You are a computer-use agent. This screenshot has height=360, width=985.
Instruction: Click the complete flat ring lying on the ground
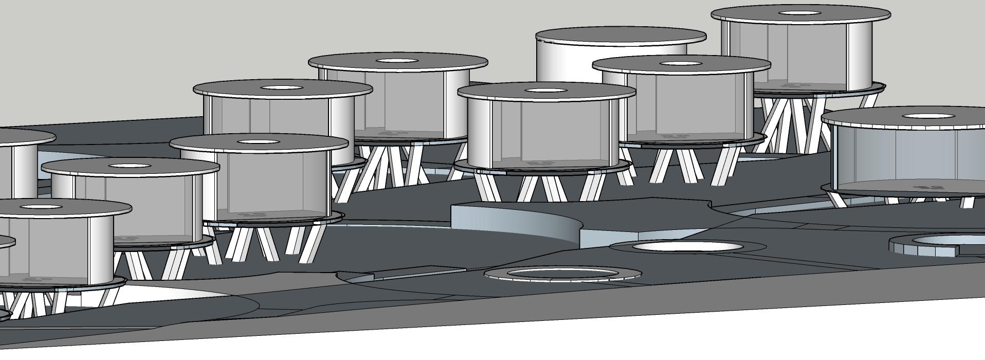(563, 274)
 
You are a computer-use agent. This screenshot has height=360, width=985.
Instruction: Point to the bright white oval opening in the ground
(687, 247)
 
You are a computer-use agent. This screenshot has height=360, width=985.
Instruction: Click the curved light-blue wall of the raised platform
(514, 221)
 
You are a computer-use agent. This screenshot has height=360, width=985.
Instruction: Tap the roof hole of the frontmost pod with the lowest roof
(35, 207)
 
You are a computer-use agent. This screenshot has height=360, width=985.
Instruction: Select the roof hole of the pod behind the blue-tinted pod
(799, 13)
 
